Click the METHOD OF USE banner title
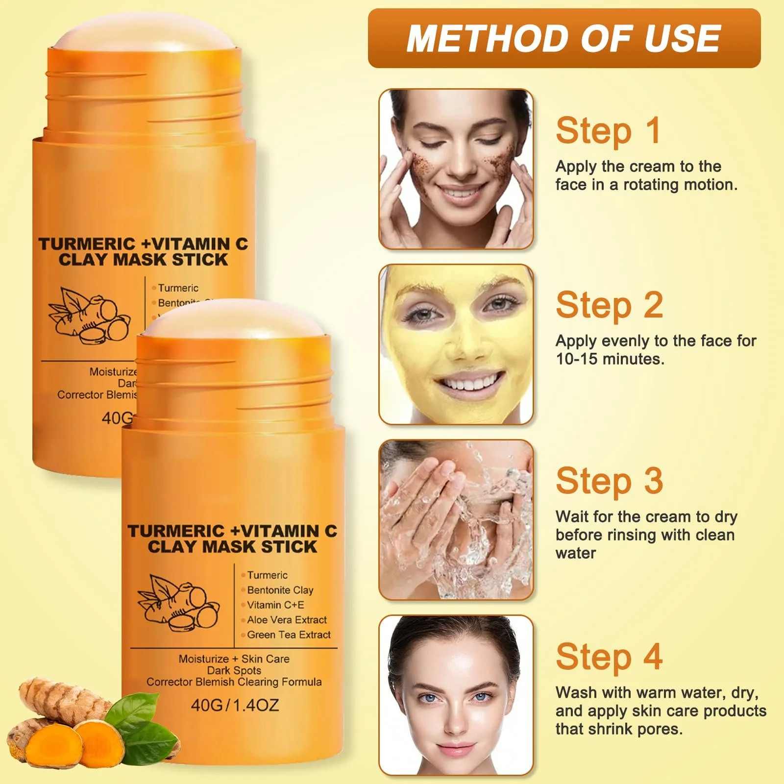coord(563,38)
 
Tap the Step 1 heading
coord(609,131)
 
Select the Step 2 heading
coord(610,305)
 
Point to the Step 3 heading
coord(610,481)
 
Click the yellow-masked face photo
coord(456,344)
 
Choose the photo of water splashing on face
coord(456,519)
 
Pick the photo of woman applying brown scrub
coord(456,169)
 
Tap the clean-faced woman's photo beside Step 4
coord(456,695)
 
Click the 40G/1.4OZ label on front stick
coord(235,705)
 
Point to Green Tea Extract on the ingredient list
coord(289,635)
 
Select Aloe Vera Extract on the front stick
coord(287,620)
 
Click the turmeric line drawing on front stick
coord(179,602)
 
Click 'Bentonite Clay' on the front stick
coord(280,590)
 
